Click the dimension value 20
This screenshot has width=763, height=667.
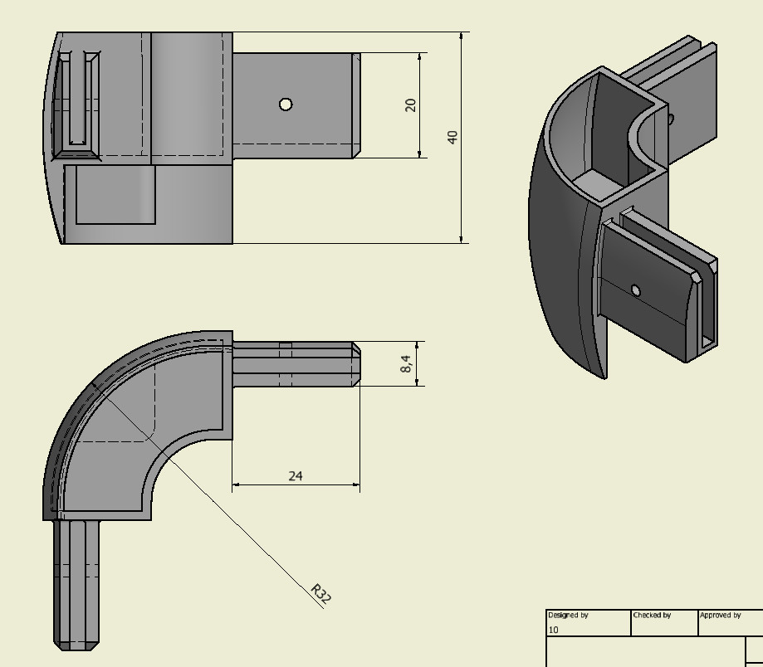point(410,105)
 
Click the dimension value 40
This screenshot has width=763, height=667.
point(452,137)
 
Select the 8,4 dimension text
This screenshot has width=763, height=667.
point(406,363)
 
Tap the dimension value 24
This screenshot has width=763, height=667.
point(296,475)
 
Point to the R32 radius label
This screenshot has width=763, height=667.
point(320,594)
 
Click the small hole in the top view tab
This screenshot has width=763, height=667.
point(286,105)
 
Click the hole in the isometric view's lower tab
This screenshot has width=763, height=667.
point(635,290)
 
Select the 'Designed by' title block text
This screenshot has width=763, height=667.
point(568,616)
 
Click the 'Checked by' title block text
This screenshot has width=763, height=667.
point(652,616)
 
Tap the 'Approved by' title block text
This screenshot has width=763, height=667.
point(720,616)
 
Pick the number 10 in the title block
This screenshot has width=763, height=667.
point(554,630)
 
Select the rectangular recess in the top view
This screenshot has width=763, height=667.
point(115,195)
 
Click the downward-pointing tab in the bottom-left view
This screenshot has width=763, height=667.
point(76,581)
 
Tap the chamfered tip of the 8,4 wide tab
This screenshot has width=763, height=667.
point(356,364)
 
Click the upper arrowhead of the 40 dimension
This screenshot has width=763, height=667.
point(462,38)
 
